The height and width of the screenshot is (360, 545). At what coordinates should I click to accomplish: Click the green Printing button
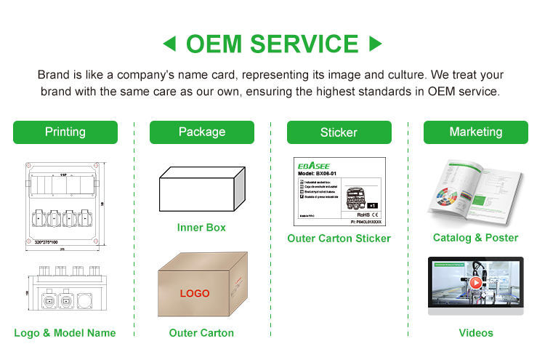pyautogui.click(x=65, y=132)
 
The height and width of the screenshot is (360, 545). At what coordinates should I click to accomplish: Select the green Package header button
pyautogui.click(x=202, y=132)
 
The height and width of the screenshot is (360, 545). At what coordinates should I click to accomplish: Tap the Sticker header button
pyautogui.click(x=339, y=132)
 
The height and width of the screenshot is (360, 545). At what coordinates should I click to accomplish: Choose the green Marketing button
pyautogui.click(x=475, y=132)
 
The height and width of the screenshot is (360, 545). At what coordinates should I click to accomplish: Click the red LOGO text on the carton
pyautogui.click(x=195, y=294)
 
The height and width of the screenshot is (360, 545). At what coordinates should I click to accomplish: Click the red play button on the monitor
pyautogui.click(x=475, y=283)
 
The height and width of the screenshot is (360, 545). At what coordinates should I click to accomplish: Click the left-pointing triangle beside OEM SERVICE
pyautogui.click(x=169, y=45)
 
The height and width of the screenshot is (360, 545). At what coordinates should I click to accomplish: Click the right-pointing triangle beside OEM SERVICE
pyautogui.click(x=376, y=45)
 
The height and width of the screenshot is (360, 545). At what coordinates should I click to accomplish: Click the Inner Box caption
pyautogui.click(x=201, y=228)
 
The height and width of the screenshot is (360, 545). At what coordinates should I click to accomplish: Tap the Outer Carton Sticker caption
pyautogui.click(x=339, y=239)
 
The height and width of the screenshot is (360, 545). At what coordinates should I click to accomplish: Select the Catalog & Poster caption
pyautogui.click(x=475, y=238)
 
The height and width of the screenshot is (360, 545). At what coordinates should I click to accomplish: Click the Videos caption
pyautogui.click(x=475, y=333)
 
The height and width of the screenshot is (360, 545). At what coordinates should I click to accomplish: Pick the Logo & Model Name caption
pyautogui.click(x=65, y=333)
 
